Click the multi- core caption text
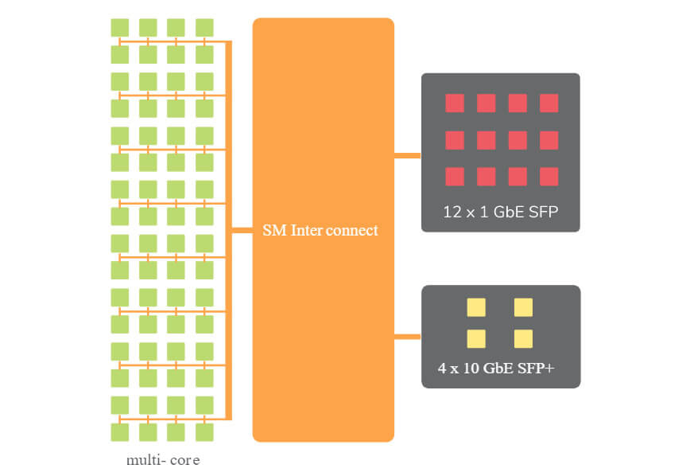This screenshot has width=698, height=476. coord(163,460)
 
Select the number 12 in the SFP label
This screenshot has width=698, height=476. coord(452,212)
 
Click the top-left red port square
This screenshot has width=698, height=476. coord(455,103)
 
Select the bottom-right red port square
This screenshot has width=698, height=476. coord(549,177)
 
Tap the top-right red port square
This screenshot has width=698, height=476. coord(549,103)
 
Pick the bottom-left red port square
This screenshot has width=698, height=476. coord(455,177)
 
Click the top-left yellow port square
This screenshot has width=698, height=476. coord(476,307)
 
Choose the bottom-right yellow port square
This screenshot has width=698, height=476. coord(523,339)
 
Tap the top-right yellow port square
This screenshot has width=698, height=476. coord(523,307)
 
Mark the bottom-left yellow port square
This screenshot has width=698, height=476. coord(476,339)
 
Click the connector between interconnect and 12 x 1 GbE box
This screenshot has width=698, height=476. coord(407,155)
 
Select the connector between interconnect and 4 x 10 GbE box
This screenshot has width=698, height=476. coord(407,337)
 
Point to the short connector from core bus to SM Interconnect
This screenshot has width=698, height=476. coord(242,230)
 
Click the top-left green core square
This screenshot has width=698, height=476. coord(120,28)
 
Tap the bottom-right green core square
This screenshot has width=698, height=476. coord(204,432)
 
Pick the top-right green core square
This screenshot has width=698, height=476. coord(204,28)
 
